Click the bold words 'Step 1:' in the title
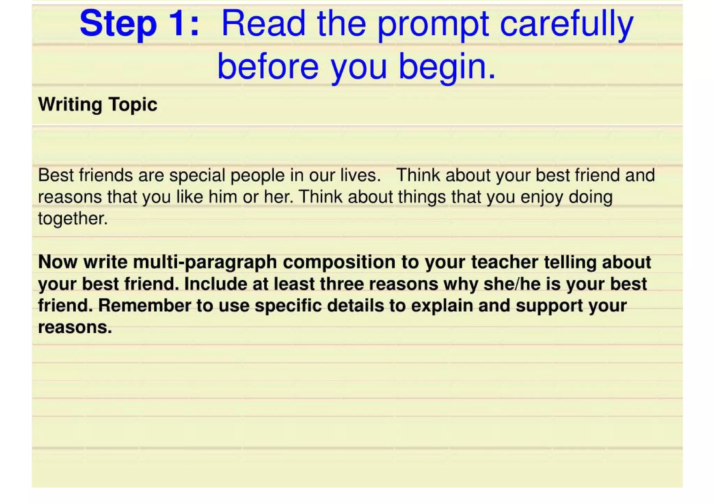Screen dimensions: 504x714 [139, 24]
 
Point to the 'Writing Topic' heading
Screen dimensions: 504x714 [98, 104]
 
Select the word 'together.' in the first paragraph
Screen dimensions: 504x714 [73, 219]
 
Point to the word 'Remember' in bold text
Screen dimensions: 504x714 [144, 305]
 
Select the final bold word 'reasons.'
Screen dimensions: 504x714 [75, 327]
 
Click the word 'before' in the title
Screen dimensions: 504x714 [268, 66]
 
